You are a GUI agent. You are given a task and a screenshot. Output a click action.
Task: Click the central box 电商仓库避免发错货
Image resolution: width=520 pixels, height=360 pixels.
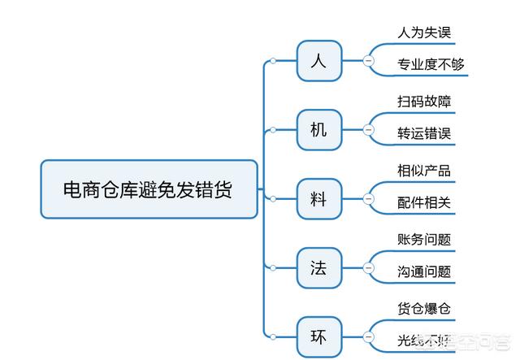(x=149, y=189)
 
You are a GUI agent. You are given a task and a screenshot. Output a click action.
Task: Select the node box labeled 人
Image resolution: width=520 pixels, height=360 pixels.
(x=318, y=61)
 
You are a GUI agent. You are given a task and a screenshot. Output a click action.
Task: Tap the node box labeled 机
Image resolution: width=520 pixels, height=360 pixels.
(x=318, y=129)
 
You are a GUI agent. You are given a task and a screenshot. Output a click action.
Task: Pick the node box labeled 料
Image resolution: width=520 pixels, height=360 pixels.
(x=318, y=198)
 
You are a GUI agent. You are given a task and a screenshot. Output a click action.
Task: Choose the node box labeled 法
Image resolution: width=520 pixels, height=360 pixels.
(x=318, y=267)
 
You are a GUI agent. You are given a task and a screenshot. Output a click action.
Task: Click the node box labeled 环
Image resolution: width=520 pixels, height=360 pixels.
(x=318, y=334)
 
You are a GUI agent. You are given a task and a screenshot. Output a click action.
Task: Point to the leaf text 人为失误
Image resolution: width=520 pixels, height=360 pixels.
(x=424, y=33)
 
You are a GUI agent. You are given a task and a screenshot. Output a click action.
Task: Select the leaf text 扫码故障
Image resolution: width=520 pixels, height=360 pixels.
(x=424, y=102)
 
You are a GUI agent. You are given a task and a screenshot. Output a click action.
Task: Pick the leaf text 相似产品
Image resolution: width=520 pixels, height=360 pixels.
(x=424, y=171)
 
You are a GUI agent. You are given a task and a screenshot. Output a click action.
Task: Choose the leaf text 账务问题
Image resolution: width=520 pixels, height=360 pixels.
(x=424, y=240)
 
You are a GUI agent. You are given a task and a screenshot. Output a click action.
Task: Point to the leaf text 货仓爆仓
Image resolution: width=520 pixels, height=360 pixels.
(x=424, y=309)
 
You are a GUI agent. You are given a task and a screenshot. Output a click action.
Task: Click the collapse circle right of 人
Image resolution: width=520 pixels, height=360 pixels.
(x=368, y=61)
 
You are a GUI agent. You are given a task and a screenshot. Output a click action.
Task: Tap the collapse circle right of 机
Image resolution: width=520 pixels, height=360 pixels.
(x=368, y=129)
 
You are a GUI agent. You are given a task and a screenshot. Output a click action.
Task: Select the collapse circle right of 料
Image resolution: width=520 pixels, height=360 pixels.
(x=368, y=198)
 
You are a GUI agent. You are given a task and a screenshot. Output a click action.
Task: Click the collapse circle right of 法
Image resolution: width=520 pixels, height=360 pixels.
(x=368, y=267)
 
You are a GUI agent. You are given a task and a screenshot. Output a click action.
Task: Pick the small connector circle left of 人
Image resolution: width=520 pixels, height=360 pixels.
(x=274, y=61)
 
